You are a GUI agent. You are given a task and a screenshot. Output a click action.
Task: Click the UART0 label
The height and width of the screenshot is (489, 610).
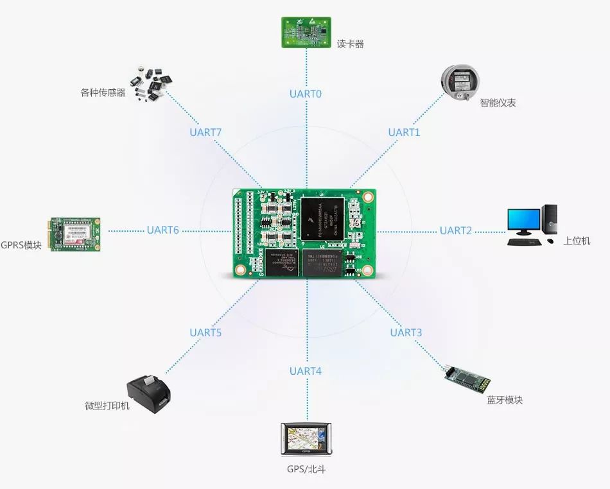[x=305, y=94]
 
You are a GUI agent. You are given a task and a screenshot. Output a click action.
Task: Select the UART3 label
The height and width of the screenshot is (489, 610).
[x=406, y=332]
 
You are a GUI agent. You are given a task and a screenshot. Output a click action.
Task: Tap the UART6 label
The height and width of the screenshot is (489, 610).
[x=162, y=230]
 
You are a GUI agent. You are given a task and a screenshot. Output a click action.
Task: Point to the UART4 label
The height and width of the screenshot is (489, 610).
[x=305, y=371]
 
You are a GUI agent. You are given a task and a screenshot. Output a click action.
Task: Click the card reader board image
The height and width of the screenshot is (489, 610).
[x=305, y=31]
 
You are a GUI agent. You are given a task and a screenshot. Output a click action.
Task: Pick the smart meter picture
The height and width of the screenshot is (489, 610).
[x=460, y=83]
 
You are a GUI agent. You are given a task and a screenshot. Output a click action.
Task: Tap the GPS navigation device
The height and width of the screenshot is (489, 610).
[x=306, y=440]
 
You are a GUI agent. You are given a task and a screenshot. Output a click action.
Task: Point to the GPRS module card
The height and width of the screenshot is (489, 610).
[x=75, y=233]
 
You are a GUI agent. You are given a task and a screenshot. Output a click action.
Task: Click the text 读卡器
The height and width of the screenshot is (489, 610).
[x=350, y=44]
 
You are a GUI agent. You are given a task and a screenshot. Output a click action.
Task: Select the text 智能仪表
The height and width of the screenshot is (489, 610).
[x=498, y=103]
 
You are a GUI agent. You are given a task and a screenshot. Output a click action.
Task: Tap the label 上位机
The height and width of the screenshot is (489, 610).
[x=576, y=241]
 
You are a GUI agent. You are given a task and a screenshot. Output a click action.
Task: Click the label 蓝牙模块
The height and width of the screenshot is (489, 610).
[x=504, y=400]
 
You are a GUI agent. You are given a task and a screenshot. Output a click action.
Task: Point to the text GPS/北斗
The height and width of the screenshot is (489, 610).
[x=306, y=469]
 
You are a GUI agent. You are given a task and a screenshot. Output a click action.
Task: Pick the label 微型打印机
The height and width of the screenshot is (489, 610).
[x=107, y=406]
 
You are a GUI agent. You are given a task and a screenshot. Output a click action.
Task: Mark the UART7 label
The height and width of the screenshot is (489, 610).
[x=205, y=133]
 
